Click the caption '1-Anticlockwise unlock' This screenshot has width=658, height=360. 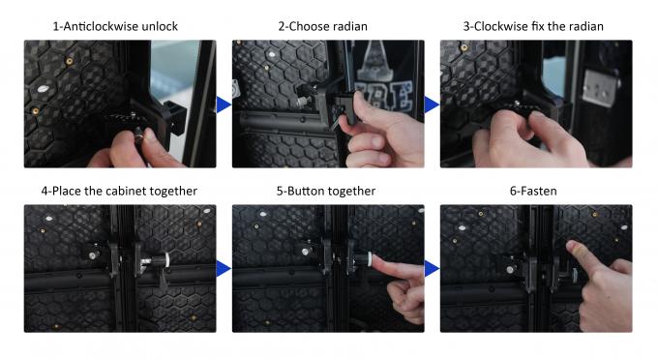115,26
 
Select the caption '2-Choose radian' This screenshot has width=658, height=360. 322,26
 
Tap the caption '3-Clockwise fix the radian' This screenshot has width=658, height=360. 533,26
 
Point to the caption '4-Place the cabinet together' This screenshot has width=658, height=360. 119,192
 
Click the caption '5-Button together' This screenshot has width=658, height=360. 326,192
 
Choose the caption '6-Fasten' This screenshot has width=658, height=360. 533,192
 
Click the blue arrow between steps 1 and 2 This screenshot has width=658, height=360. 224,105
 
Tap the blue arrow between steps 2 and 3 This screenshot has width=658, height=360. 432,105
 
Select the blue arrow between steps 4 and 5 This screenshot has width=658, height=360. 224,268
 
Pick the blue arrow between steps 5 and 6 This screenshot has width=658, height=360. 432,268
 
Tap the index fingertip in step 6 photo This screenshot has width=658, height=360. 572,246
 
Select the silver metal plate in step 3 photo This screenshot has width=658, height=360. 599,88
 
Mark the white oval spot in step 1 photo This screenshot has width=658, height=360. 43,89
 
